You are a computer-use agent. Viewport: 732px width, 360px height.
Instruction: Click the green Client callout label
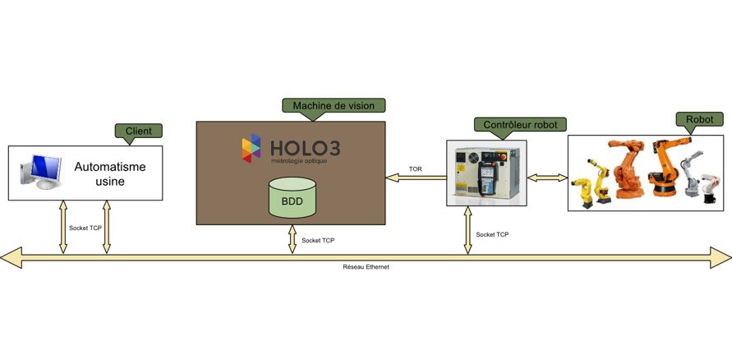[138, 131]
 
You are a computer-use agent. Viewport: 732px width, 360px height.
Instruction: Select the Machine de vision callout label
[334, 105]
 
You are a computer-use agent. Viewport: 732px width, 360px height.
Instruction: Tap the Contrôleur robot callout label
[520, 125]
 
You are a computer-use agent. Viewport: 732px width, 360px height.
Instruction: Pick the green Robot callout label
[699, 119]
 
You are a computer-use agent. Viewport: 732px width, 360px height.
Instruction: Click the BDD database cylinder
[292, 199]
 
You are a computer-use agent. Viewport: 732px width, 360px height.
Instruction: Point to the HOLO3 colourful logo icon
[251, 148]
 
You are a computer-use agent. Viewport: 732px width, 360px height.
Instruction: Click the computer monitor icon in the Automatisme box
[43, 172]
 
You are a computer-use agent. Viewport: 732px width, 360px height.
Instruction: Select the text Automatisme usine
[110, 173]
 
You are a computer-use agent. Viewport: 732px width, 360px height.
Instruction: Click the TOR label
[415, 169]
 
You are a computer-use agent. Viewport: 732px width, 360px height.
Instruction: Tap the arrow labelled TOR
[415, 178]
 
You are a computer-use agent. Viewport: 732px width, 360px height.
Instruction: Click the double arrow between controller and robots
[547, 178]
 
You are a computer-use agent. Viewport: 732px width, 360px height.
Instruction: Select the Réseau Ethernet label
[366, 267]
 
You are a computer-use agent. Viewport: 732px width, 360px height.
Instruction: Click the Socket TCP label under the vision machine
[318, 241]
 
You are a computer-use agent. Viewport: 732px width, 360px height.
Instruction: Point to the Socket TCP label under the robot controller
[492, 235]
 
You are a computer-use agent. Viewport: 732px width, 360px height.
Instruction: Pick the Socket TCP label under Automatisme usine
[85, 228]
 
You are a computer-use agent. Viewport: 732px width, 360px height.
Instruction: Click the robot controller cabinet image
[486, 173]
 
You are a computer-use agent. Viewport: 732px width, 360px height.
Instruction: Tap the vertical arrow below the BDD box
[292, 239]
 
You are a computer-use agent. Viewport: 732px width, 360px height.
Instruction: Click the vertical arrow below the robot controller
[468, 230]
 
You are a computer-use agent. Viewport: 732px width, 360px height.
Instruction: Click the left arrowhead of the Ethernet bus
[11, 258]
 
